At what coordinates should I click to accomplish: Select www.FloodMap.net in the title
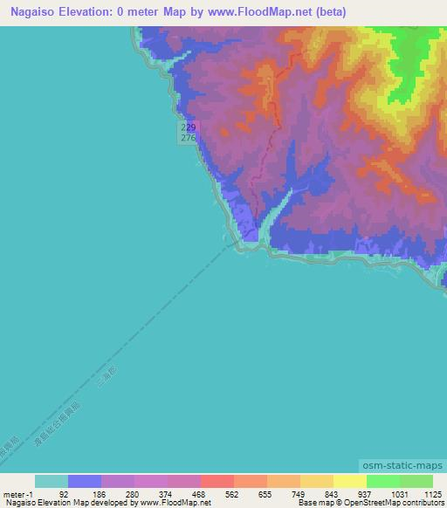tap(261, 12)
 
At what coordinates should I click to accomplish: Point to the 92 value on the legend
tap(63, 493)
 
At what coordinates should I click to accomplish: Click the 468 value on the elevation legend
tap(196, 493)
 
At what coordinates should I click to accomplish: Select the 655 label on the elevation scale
tap(264, 493)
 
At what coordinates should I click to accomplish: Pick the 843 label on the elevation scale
tap(330, 493)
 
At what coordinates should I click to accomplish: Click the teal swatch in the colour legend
tap(52, 481)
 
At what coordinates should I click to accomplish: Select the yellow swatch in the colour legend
tap(349, 481)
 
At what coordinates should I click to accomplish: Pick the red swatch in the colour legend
tap(217, 481)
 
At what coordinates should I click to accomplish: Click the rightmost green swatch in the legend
tap(416, 481)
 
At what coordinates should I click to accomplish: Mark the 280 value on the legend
tap(130, 493)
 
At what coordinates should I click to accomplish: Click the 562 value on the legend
tap(230, 493)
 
